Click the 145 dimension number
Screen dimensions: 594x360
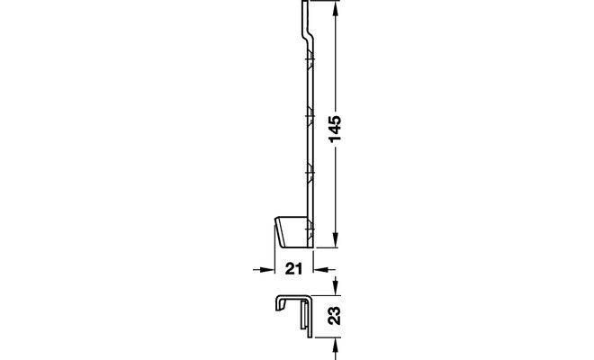pos(336,129)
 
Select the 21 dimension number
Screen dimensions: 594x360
pos(294,269)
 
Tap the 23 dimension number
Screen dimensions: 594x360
pos(334,316)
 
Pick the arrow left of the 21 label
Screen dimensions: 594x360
pos(264,269)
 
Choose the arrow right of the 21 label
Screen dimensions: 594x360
pos(325,269)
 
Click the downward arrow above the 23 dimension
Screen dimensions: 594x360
pos(336,285)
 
